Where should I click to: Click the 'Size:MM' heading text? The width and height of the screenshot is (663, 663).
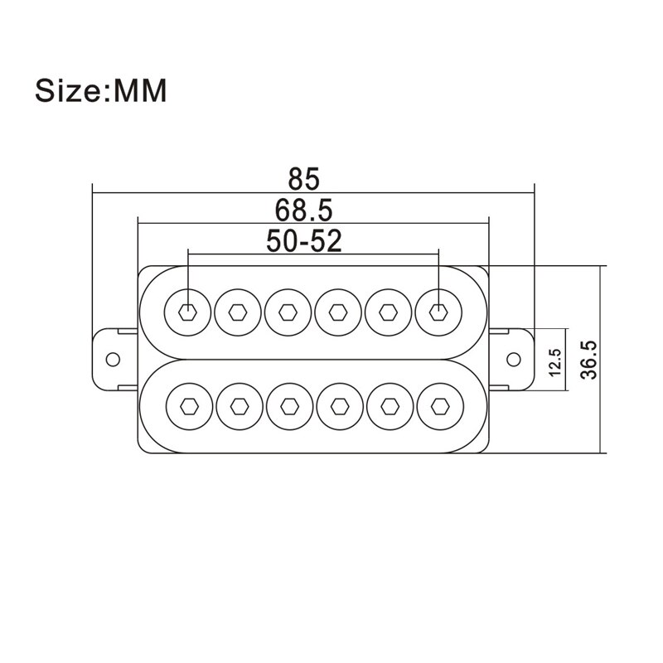coord(100,90)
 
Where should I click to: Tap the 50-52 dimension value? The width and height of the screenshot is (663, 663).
coord(304,240)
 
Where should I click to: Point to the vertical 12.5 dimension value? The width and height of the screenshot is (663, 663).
coord(554,362)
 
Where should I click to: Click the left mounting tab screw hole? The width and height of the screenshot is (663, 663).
coord(112,360)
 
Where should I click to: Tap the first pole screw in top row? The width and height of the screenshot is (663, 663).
coord(187,312)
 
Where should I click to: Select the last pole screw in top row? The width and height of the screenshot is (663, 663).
coord(438,312)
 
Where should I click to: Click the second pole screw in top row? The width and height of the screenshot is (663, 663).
coord(237,312)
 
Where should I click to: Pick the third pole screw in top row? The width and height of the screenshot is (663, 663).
coord(288,312)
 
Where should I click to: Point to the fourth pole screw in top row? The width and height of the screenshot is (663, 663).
coord(337,312)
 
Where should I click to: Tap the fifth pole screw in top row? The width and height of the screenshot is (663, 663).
coord(388,312)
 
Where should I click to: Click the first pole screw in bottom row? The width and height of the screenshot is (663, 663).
coord(187,405)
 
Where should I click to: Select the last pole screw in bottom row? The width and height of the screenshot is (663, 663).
coord(438,405)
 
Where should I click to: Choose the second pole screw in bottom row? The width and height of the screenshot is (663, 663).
coord(237,405)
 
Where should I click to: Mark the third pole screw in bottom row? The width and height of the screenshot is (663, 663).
coord(288,405)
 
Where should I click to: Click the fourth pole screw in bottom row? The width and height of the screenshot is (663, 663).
coord(337,405)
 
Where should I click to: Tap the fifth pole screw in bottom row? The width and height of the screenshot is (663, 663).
coord(388,405)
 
